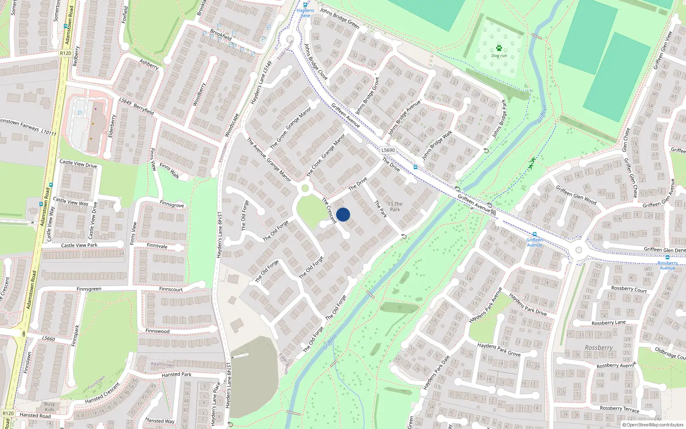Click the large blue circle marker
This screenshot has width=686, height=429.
343,214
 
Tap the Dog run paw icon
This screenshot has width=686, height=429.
499,48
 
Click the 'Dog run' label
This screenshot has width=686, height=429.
499,56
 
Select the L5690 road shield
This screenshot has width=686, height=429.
388,150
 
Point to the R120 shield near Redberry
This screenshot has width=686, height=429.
66,54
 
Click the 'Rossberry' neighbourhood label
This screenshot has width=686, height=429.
599,347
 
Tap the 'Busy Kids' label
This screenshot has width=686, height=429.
49,407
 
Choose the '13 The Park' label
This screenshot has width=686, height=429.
395,207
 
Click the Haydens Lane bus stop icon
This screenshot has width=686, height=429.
305,5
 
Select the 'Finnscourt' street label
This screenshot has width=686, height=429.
171,289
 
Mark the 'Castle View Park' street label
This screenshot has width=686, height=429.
79,245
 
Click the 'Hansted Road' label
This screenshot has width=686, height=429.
35,415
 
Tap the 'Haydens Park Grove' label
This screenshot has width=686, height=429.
499,350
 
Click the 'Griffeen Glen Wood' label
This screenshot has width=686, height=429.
576,195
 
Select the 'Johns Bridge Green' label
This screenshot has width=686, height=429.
340,18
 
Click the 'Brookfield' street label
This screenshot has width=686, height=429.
221,34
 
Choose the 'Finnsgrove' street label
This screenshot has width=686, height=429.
171,204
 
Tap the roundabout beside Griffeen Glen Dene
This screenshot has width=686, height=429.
579,250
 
